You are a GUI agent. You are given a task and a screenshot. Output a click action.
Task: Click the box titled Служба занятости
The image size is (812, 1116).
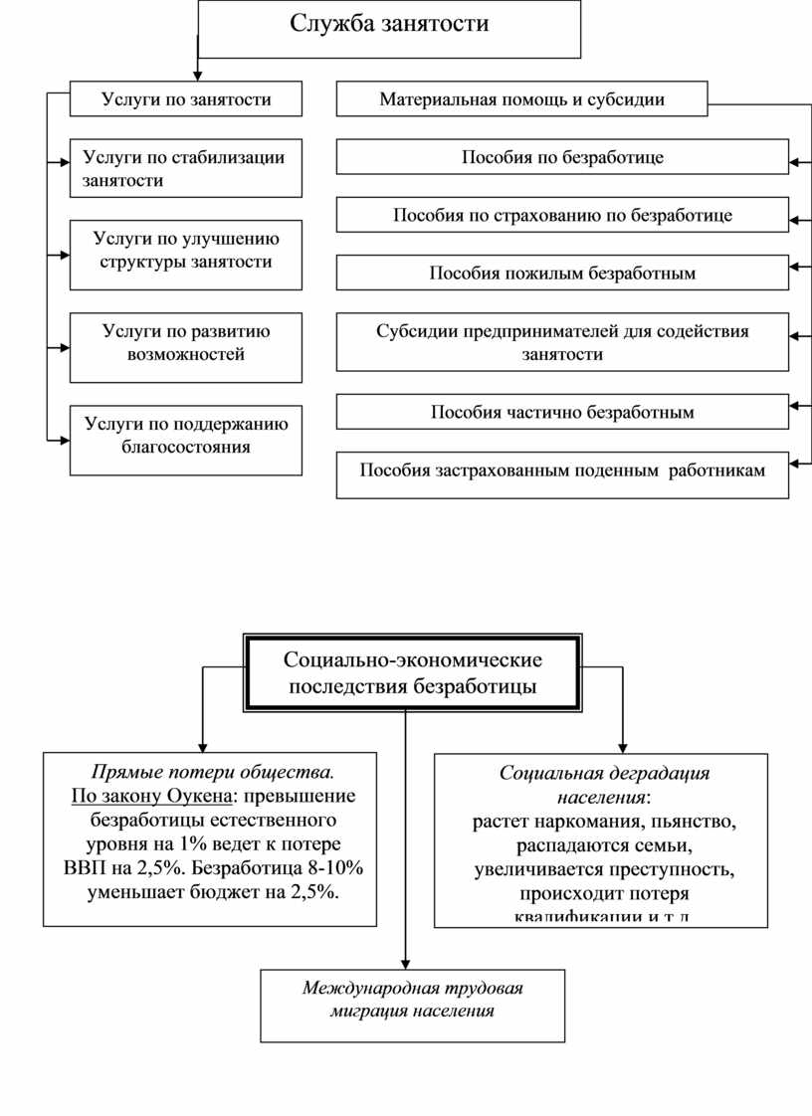pos(389,28)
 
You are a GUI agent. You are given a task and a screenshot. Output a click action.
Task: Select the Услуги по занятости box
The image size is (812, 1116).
pos(185,99)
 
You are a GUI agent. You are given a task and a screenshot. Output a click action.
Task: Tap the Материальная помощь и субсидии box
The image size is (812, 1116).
pos(521,99)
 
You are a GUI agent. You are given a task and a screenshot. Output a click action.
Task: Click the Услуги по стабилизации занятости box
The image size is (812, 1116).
pos(185,168)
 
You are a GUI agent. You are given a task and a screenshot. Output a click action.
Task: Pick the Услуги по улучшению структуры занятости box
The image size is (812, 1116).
pos(185,254)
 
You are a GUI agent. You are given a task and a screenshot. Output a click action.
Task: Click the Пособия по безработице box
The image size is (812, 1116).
pos(562,158)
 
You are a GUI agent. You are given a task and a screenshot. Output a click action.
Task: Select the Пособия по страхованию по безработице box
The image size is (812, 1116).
pos(562,215)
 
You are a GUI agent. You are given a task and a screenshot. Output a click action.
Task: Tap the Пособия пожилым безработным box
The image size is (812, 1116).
pos(562,273)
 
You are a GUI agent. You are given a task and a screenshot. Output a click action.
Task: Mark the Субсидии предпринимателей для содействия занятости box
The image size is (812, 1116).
pos(562,342)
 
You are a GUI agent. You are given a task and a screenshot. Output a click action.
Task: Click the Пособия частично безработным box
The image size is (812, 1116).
pos(562,412)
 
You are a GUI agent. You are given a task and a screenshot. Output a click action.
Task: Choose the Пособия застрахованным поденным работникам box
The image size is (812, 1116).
pos(562,470)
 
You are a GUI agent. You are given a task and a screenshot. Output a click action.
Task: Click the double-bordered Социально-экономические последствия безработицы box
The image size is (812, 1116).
pos(412,672)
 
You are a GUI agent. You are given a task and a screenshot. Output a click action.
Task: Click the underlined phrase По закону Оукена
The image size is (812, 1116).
pos(152,796)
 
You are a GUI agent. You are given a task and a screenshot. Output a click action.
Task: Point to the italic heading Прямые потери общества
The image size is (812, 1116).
pos(213,772)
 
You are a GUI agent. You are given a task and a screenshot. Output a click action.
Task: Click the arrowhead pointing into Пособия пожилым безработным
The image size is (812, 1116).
pos(794,267)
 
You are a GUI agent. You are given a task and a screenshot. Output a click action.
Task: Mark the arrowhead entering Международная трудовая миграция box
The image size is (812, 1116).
pos(406,963)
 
